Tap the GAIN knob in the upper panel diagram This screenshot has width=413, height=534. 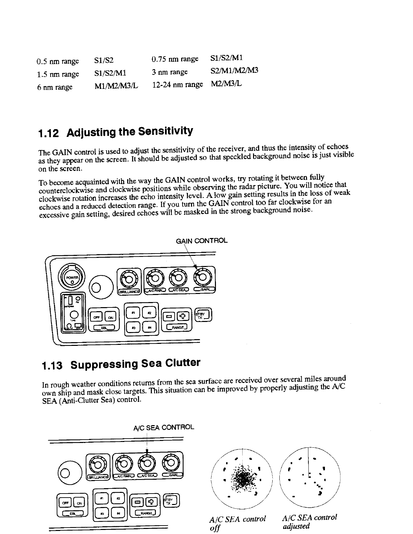pos(202,277)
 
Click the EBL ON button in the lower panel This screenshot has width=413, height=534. pos(79,503)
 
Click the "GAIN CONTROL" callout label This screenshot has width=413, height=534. pos(202,241)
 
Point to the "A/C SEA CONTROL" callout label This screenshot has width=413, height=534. pos(164,427)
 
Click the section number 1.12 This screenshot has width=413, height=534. pos(49,133)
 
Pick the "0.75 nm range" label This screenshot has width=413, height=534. pos(175,59)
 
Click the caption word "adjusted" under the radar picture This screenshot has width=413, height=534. pos(296,526)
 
